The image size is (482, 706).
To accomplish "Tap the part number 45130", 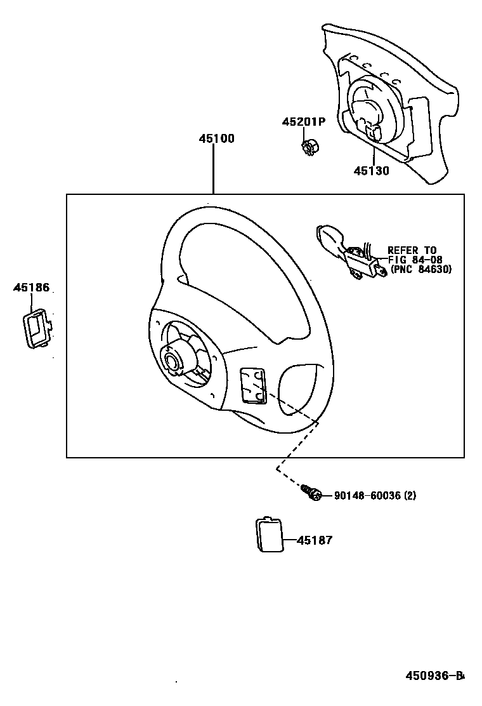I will tap(371, 171).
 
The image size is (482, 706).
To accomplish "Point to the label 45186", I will tap(31, 288).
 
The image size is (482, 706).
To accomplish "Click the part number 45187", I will tap(315, 540).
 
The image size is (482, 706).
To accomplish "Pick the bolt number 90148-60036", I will tap(367, 495).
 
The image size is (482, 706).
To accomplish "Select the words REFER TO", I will tap(412, 250).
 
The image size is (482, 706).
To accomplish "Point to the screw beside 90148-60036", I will tap(312, 493).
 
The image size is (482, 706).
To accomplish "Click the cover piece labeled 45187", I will tap(270, 535).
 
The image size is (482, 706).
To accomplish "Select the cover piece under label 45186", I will tap(37, 328).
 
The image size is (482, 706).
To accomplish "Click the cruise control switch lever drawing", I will tap(349, 253).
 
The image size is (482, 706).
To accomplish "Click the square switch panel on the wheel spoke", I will tap(252, 385).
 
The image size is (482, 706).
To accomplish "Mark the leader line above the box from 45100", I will tap(213, 168).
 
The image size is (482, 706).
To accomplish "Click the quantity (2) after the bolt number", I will tap(410, 495).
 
